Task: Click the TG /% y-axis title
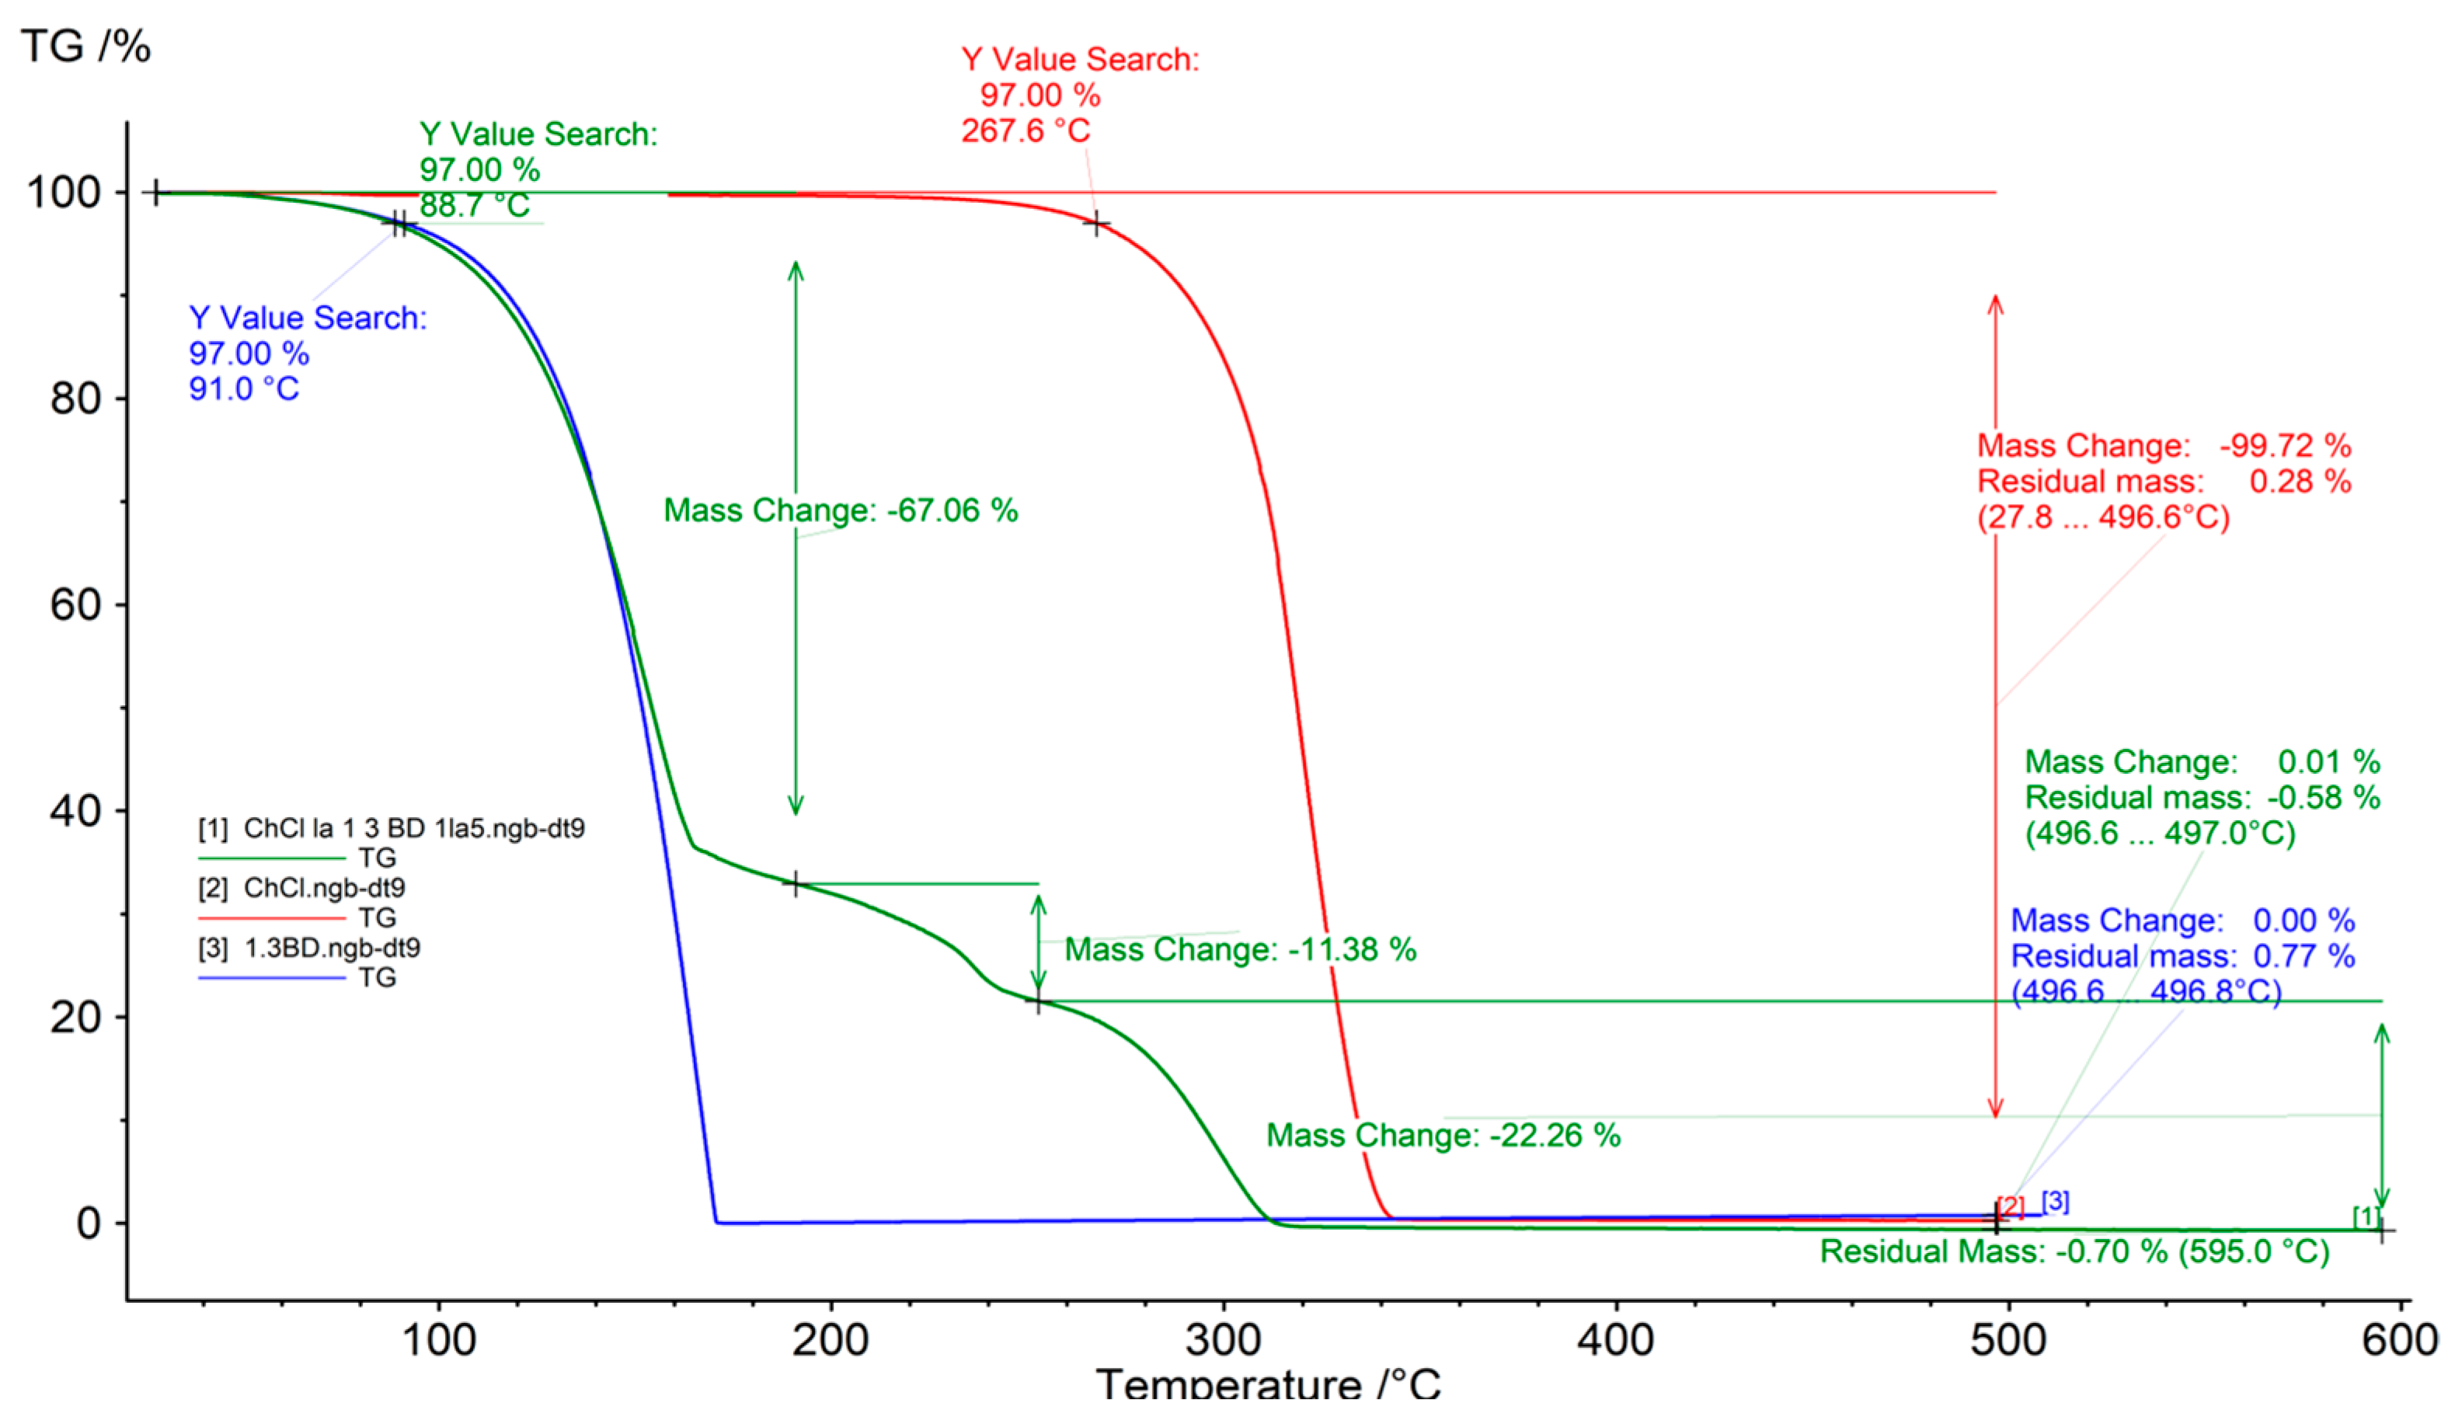(85, 46)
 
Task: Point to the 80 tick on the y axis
(76, 399)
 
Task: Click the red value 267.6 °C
(1025, 131)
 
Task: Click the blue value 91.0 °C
(244, 389)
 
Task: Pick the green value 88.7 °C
(475, 206)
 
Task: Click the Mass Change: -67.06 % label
(840, 510)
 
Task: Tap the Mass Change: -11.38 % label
(1240, 949)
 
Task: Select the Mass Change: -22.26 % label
(1443, 1136)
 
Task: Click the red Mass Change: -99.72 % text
(2164, 446)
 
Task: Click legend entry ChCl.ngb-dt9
(324, 888)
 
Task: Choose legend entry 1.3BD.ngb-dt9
(332, 948)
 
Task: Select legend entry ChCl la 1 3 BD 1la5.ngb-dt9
(413, 828)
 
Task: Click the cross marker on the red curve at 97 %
(1096, 224)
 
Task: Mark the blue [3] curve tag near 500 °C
(2055, 1202)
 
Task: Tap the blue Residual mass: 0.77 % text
(2182, 956)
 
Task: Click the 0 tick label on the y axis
(89, 1223)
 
